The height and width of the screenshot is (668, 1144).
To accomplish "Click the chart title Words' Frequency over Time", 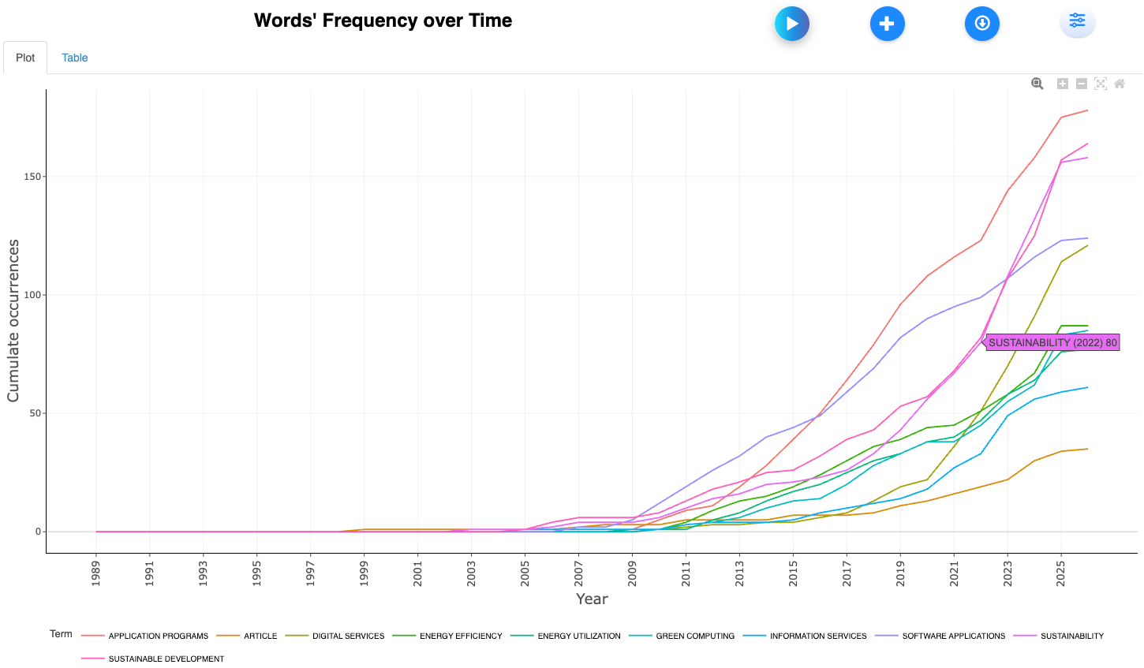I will [383, 21].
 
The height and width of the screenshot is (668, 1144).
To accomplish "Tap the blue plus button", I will [887, 24].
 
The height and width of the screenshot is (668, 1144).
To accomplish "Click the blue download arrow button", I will [981, 24].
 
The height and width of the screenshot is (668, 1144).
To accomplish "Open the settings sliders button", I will [1077, 21].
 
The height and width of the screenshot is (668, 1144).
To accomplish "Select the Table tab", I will [74, 58].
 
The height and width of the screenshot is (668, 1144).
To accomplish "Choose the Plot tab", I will [25, 58].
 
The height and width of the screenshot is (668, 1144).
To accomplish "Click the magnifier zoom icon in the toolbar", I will [1037, 84].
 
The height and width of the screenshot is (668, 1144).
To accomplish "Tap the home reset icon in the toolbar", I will [1120, 84].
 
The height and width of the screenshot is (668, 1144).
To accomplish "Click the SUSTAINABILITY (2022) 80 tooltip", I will [1052, 343].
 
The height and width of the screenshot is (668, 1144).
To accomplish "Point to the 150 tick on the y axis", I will [32, 177].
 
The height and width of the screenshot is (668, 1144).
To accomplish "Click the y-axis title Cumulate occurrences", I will [13, 321].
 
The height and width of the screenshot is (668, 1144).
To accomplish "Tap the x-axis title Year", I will [592, 599].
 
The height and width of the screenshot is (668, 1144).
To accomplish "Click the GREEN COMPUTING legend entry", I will [694, 636].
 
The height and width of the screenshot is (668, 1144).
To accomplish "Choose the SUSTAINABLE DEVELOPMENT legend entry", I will [166, 659].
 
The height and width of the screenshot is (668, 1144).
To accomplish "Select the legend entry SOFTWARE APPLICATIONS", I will [953, 636].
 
